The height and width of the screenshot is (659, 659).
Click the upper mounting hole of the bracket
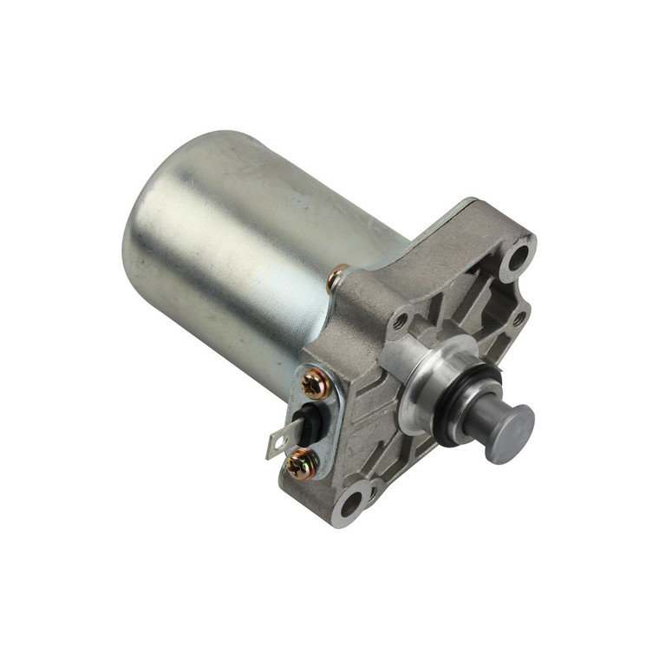click(x=519, y=256)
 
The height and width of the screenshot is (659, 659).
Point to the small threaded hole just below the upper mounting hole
click(x=518, y=318)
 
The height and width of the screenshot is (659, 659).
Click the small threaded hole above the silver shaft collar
click(x=400, y=322)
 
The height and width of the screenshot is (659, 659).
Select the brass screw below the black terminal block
click(x=301, y=465)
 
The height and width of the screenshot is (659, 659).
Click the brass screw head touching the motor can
click(x=337, y=279)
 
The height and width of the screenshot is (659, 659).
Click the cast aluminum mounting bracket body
click(x=434, y=286)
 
